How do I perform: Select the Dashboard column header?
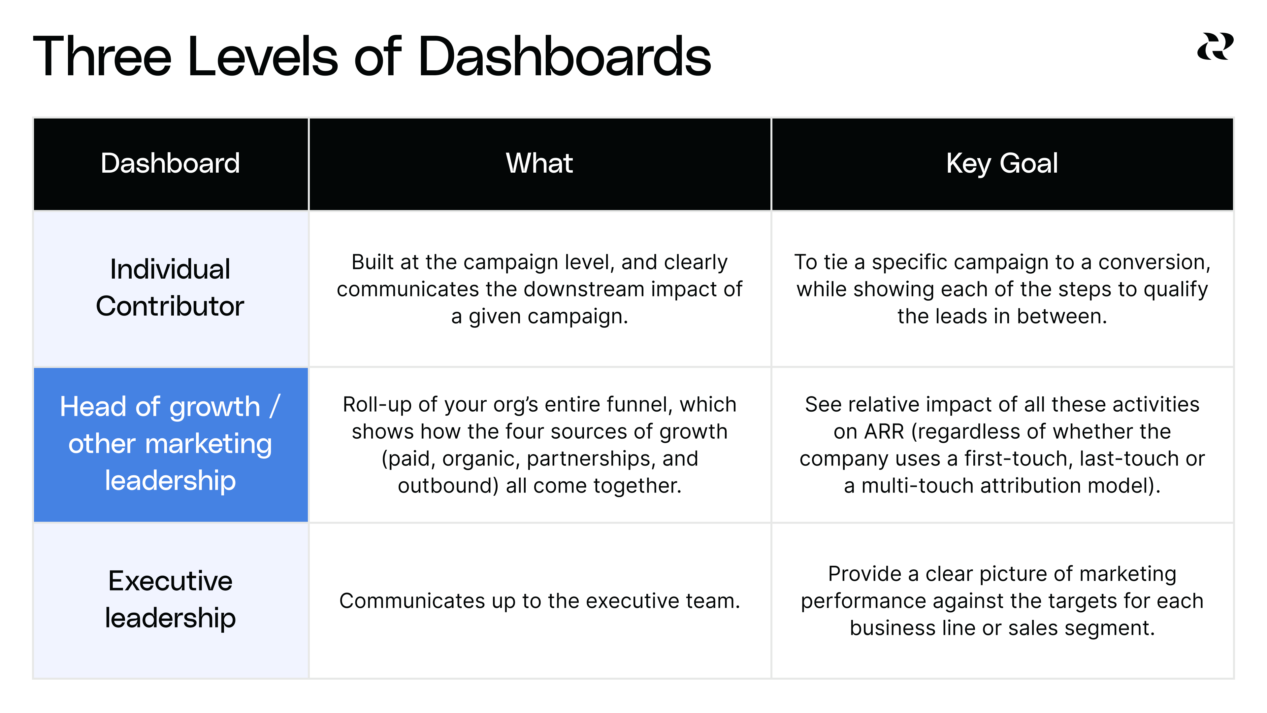point(170,163)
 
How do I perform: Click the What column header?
point(539,163)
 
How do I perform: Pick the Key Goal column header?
point(1002,163)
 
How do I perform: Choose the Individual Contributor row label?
point(170,288)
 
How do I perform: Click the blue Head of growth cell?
point(170,444)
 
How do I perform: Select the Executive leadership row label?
point(170,599)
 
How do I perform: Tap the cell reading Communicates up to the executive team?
point(539,601)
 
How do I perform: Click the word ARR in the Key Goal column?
point(884,431)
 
